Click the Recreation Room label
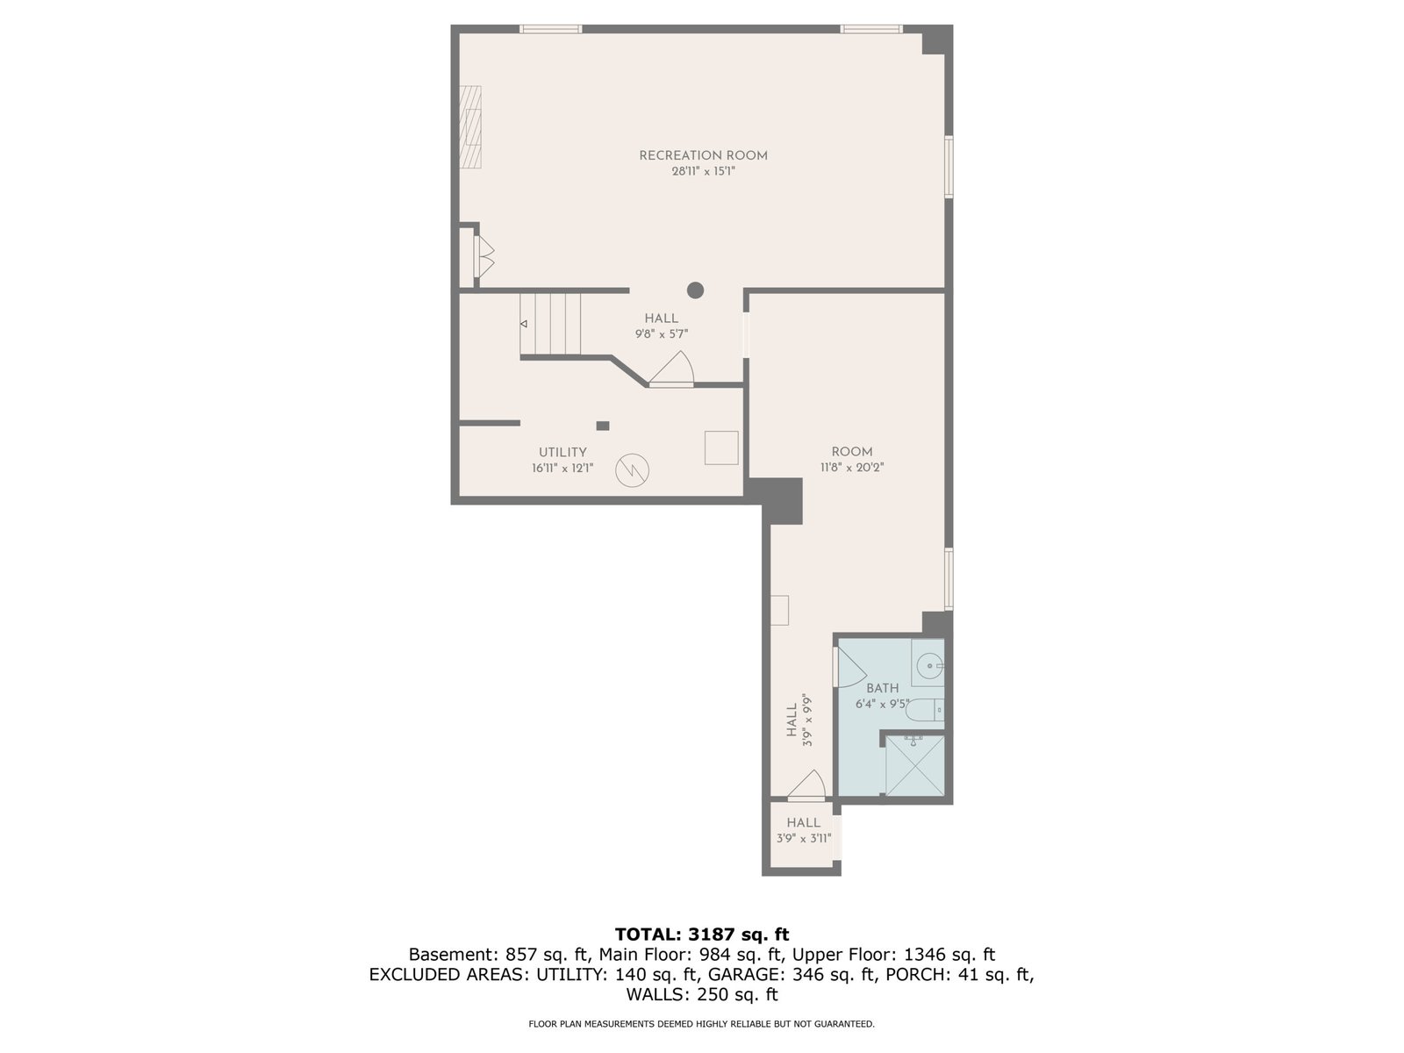click(703, 155)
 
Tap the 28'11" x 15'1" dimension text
click(703, 171)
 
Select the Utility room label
click(562, 452)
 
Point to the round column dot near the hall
click(695, 290)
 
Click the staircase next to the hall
click(550, 324)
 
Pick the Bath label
click(882, 689)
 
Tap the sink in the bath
click(928, 663)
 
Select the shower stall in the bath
click(914, 765)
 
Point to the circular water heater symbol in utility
click(632, 470)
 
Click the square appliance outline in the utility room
click(721, 448)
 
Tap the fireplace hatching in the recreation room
click(470, 126)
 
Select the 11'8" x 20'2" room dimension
click(852, 468)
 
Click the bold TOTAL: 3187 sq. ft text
click(702, 935)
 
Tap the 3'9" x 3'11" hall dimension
click(804, 839)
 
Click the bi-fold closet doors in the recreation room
click(484, 256)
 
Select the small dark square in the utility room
click(603, 426)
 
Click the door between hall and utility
click(671, 371)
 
